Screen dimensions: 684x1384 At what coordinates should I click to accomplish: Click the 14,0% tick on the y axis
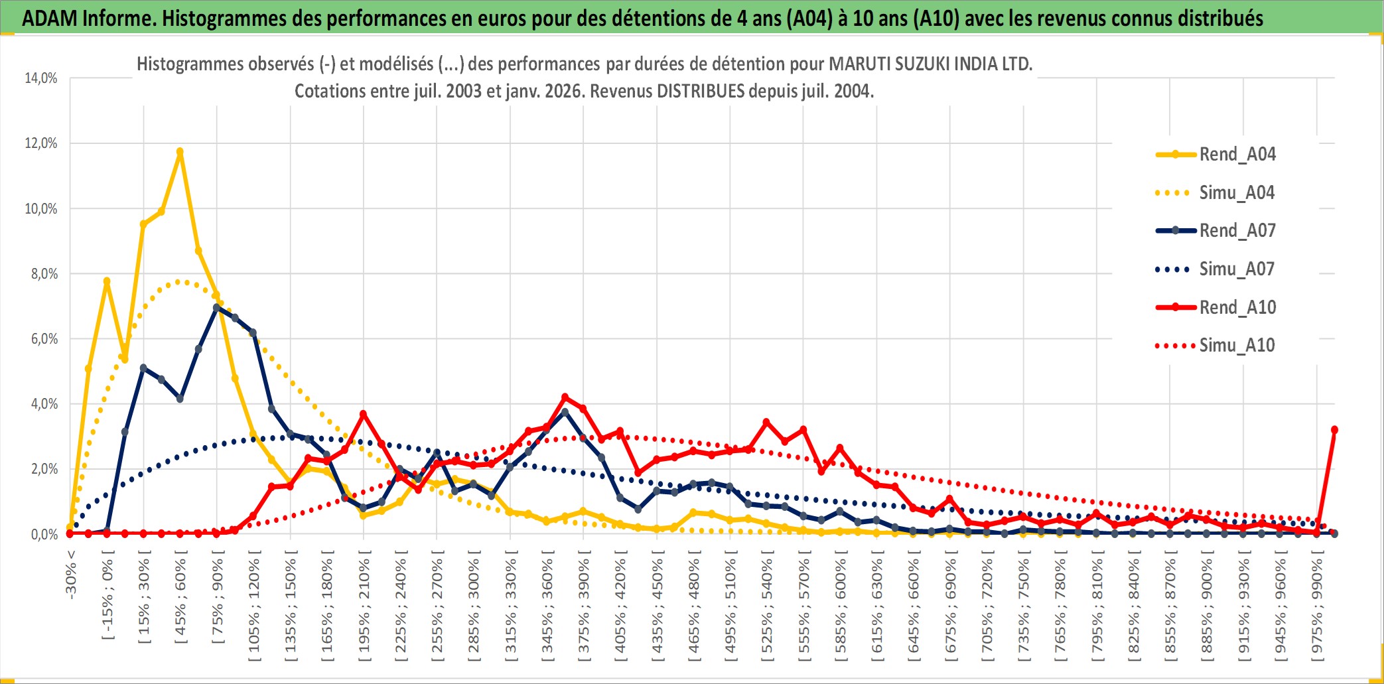coord(41,78)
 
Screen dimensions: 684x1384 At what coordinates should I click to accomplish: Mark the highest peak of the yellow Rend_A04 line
coord(180,151)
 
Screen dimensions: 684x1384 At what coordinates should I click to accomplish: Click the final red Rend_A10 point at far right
coord(1334,430)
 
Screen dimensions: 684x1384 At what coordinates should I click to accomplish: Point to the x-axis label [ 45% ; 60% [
coord(180,600)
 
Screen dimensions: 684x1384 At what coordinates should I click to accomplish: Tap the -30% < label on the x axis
coord(71,575)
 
